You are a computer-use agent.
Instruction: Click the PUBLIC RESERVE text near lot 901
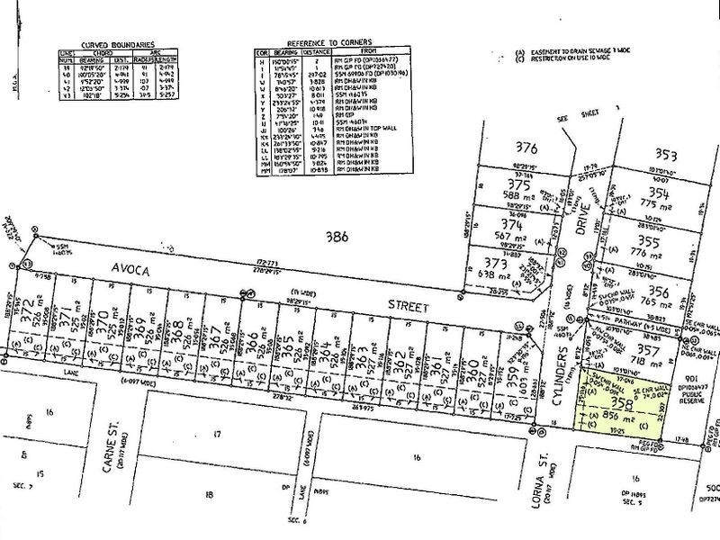(694, 393)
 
